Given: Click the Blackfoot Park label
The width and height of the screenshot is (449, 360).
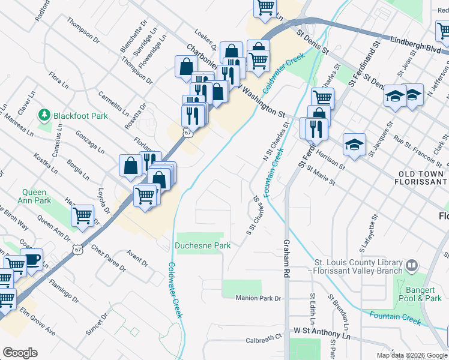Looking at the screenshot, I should (x=80, y=115).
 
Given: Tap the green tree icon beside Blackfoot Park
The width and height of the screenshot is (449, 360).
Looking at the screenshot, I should (x=44, y=115).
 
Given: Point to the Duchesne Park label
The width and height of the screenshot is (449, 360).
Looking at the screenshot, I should (x=203, y=245).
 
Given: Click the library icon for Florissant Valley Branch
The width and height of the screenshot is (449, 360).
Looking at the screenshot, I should (x=412, y=265).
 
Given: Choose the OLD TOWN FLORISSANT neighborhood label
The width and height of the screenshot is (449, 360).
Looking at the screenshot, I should (x=423, y=178).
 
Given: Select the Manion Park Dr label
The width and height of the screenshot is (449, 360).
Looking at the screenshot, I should (x=258, y=298).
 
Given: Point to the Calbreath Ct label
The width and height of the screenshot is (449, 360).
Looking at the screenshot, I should (x=264, y=340).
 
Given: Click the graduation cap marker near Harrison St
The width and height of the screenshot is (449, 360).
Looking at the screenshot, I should (x=355, y=145).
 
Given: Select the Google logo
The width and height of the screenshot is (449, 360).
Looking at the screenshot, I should (x=20, y=353).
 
